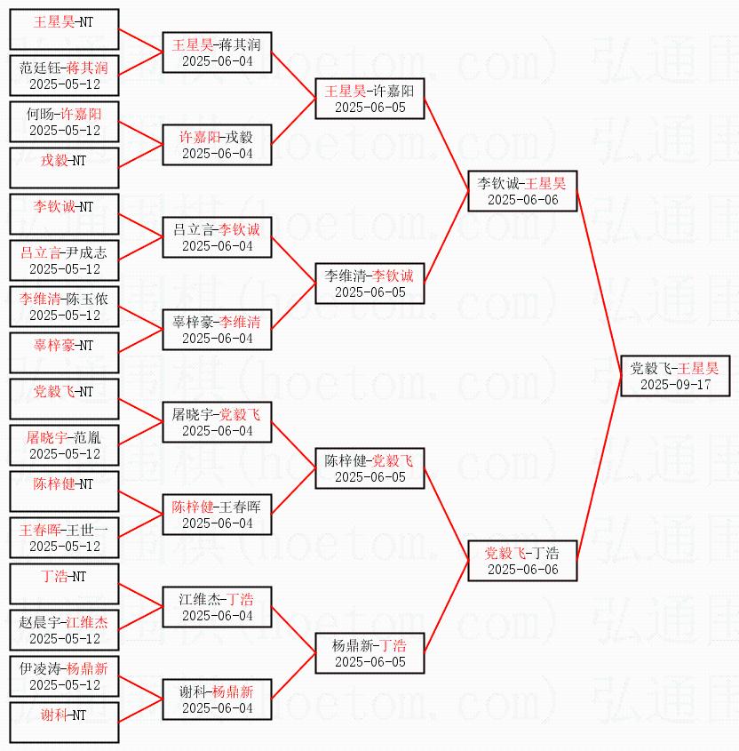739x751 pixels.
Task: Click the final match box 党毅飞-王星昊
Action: tap(675, 374)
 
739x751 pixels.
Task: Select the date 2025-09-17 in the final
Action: tap(675, 385)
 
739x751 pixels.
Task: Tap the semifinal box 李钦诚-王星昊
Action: tap(522, 190)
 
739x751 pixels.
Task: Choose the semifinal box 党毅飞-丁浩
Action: tap(522, 560)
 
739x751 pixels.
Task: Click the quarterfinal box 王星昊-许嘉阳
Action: tap(369, 98)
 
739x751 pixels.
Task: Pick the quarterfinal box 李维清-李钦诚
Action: tap(369, 283)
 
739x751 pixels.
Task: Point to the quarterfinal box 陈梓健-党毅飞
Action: tap(369, 467)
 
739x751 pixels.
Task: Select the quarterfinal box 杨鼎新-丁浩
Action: tap(369, 652)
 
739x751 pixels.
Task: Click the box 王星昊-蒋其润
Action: tap(217, 52)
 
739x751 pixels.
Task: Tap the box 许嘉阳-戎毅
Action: tap(217, 144)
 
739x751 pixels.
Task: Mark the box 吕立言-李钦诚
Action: tap(217, 236)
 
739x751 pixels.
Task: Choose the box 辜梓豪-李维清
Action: tap(217, 329)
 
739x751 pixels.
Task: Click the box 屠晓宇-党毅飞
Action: tap(217, 421)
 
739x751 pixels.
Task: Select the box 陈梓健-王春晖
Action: tap(217, 514)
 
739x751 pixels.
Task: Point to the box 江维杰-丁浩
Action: tap(217, 606)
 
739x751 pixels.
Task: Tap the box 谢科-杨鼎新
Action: tap(217, 699)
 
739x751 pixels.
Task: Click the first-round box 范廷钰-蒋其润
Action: tap(64, 75)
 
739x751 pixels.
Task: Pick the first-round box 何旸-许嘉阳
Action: tap(64, 121)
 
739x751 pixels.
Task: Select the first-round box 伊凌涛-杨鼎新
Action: tap(64, 675)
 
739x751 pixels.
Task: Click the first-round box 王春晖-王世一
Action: tap(64, 537)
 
